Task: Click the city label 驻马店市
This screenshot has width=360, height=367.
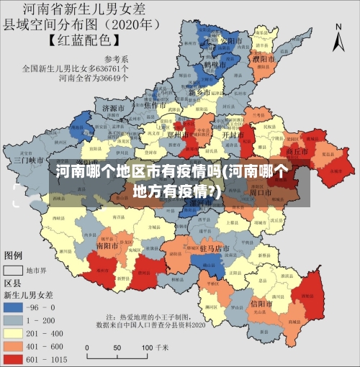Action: point(214,248)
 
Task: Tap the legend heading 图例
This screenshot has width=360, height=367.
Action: point(14,255)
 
